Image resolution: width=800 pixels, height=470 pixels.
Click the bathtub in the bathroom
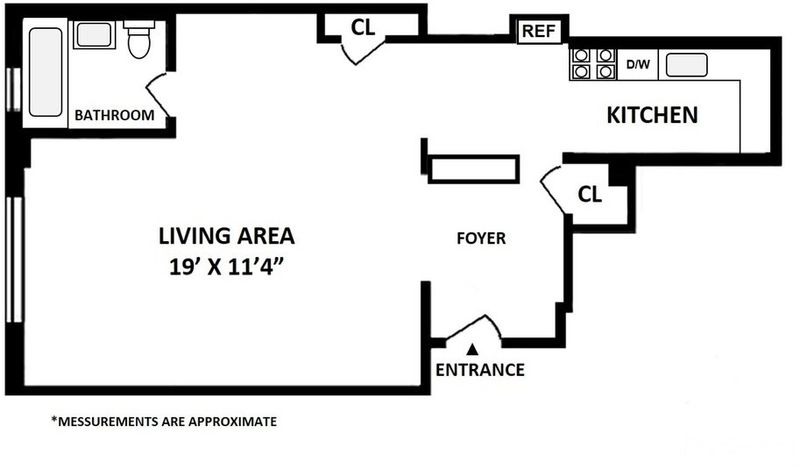(46, 72)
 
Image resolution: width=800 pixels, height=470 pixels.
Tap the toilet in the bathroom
(139, 39)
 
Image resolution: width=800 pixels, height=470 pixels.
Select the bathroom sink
(94, 35)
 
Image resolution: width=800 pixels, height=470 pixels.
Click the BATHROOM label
(114, 115)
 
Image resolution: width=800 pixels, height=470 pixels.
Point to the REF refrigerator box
(539, 31)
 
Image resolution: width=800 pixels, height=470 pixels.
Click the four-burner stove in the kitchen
(593, 64)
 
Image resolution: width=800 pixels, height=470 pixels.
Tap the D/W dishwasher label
(638, 65)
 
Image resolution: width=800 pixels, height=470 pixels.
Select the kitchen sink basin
(687, 65)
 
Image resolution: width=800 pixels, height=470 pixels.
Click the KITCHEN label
(652, 115)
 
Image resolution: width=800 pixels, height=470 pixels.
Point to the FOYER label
(481, 238)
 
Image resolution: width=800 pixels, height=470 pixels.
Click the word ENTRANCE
(480, 370)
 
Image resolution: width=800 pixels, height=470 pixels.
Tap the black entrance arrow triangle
(472, 349)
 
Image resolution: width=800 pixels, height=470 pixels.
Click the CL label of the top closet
(363, 28)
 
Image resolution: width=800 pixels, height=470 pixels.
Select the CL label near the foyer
(590, 194)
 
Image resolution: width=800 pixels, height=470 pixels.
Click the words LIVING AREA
(227, 236)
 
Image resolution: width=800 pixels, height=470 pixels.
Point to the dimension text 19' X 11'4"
(226, 267)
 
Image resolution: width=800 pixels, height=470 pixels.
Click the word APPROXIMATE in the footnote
(233, 422)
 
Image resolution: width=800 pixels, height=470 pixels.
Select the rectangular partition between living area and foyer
(474, 169)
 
